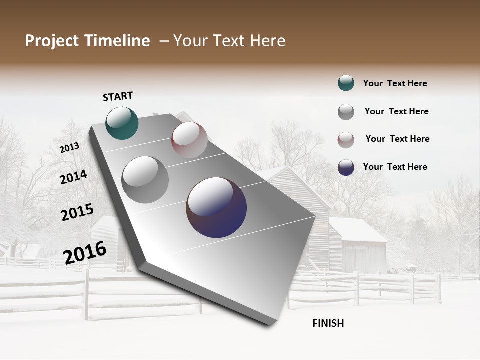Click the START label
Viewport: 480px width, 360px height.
(x=118, y=96)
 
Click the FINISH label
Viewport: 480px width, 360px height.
(x=328, y=323)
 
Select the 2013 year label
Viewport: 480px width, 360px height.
(x=69, y=147)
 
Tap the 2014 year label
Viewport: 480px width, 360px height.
(x=73, y=177)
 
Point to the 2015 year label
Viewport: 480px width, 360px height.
(x=77, y=212)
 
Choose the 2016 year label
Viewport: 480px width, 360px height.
(x=85, y=252)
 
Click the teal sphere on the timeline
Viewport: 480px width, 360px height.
(x=122, y=123)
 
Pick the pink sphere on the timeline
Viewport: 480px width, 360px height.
(x=189, y=140)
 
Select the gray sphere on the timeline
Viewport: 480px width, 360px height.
(x=145, y=179)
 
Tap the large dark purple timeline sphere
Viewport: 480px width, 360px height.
(x=216, y=207)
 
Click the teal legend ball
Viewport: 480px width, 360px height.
(x=346, y=83)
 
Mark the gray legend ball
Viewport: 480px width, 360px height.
(x=346, y=112)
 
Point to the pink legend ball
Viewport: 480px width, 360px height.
(x=346, y=140)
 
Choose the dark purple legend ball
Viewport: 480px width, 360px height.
(x=346, y=167)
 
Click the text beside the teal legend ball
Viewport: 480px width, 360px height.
(x=395, y=84)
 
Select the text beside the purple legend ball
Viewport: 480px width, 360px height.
(x=395, y=167)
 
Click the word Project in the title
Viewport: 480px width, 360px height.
(x=52, y=41)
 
